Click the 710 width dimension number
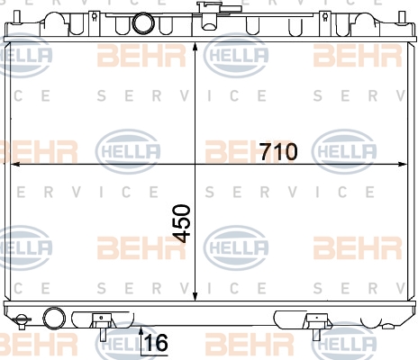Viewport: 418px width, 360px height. coord(279,151)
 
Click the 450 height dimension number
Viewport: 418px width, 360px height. coord(182,223)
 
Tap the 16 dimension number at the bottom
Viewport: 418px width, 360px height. coord(156,343)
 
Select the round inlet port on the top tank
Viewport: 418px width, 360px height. coord(143,23)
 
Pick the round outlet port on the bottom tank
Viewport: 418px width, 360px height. coord(54,318)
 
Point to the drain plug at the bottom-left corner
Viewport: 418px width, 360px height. coord(22,321)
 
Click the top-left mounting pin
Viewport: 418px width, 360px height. coord(17,17)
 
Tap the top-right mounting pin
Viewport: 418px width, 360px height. coord(402,17)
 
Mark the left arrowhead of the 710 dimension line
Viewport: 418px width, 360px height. coord(15,164)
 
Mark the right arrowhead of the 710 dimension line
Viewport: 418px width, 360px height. coord(402,164)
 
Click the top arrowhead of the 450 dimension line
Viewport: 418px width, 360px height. coord(195,48)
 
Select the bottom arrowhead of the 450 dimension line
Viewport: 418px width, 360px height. coord(195,295)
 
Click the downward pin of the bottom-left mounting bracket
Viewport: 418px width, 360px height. coord(103,335)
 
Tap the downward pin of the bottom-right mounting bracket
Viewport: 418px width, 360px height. coord(316,334)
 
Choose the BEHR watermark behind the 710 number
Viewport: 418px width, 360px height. coord(249,151)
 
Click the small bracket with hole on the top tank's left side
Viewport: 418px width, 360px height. coord(95,18)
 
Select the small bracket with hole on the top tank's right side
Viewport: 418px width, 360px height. coord(324,18)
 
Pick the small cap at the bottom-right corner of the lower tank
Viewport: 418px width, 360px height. coord(389,326)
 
